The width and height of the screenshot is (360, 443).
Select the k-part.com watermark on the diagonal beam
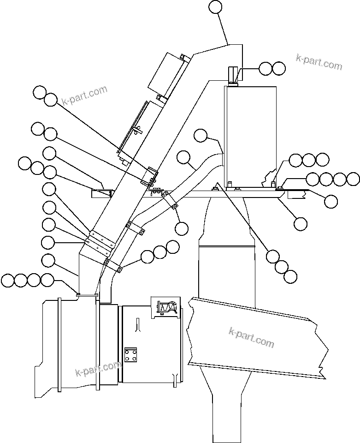tap(251, 338)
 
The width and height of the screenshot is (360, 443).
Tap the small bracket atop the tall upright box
tap(234, 76)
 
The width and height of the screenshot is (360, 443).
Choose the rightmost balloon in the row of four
tap(353, 179)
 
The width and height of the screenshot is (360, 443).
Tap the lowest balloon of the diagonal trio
tap(290, 276)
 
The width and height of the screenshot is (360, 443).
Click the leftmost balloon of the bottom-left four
tap(8, 280)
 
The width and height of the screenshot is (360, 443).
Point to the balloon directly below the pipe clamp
tap(182, 227)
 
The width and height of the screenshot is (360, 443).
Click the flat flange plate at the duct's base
tap(87, 293)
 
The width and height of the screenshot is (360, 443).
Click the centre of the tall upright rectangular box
tap(250, 136)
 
